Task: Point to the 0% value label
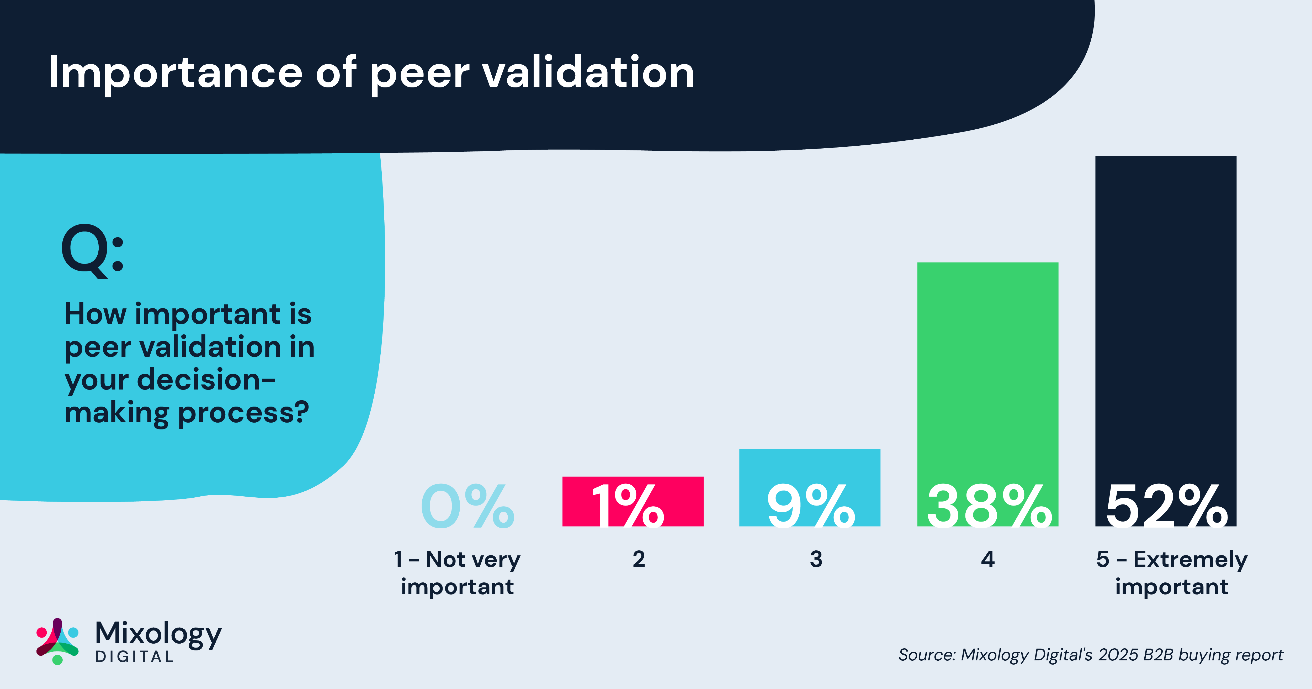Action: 467,507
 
